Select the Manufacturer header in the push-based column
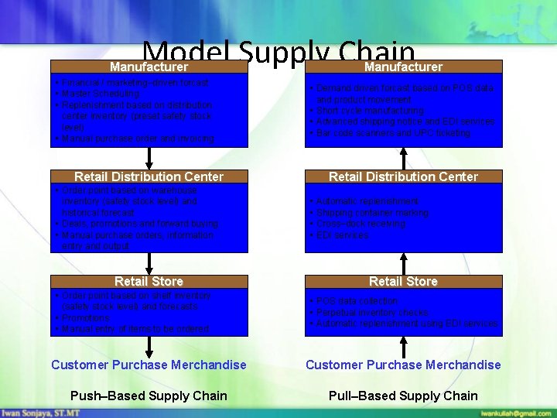pos(149,67)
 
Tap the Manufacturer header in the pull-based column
pos(404,67)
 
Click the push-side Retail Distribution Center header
pos(149,176)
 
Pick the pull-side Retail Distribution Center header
pos(404,176)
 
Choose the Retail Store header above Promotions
pos(149,281)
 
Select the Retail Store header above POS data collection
pos(404,281)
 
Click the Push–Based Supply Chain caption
pos(149,396)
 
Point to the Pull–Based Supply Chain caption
pos(404,396)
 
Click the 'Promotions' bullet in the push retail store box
pos(86,317)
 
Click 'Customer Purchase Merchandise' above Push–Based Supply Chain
pos(149,365)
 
